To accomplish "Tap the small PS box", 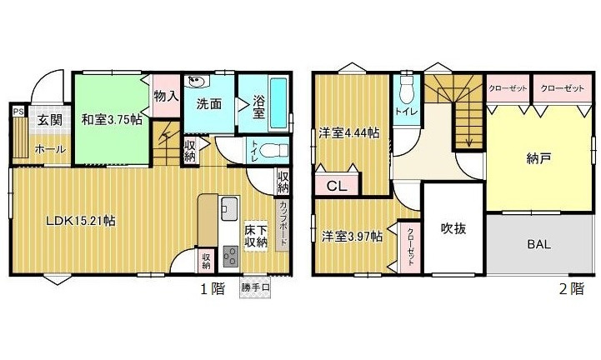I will click(17, 108).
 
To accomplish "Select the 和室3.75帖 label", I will click(111, 119).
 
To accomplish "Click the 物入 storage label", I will click(166, 95).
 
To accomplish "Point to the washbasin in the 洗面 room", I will click(197, 82).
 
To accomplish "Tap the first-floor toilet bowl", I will click(268, 152).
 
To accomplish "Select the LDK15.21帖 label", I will click(80, 221).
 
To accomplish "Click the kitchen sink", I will click(229, 207).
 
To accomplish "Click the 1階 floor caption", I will click(212, 290).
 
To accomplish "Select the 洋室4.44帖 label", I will click(350, 133).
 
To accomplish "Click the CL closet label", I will click(338, 187).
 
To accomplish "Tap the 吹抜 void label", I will click(453, 227).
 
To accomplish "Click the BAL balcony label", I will click(539, 245).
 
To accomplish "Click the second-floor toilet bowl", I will click(407, 89).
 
